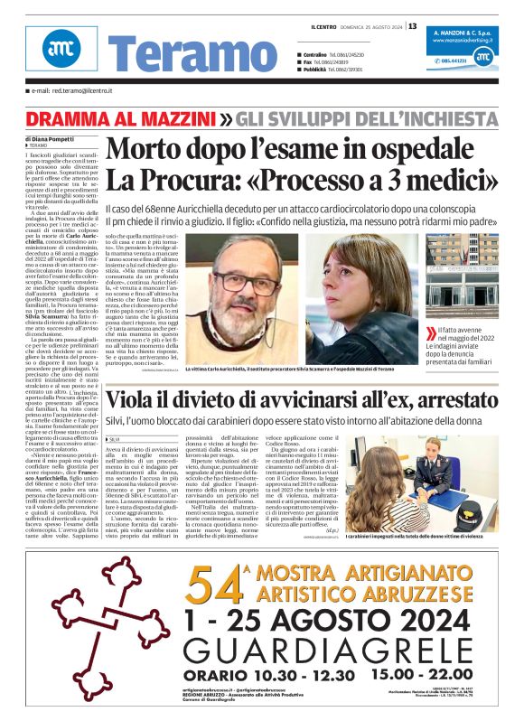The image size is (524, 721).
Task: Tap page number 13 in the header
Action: (412, 26)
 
